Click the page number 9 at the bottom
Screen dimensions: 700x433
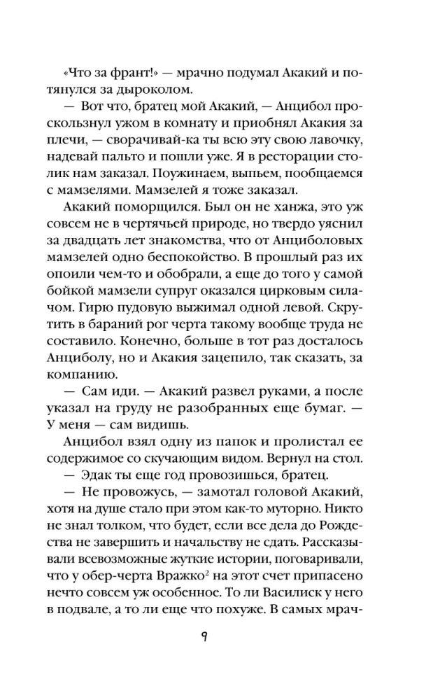click(218, 636)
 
